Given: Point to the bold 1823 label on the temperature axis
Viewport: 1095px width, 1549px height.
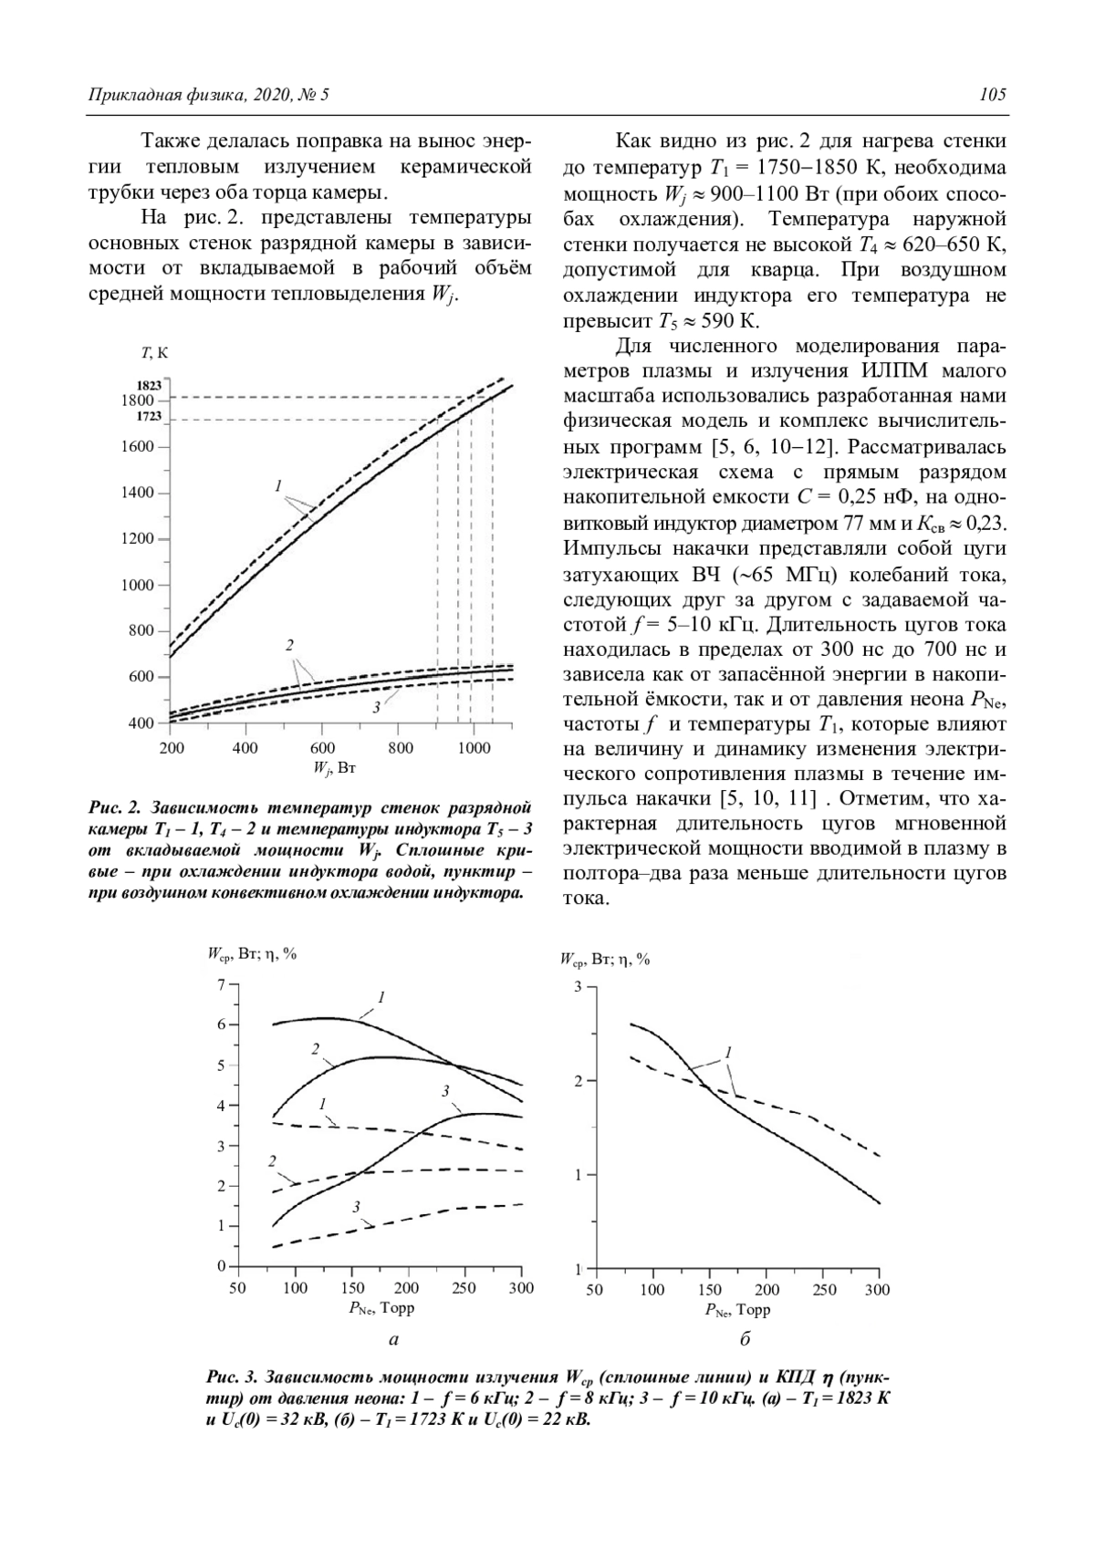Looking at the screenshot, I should (149, 386).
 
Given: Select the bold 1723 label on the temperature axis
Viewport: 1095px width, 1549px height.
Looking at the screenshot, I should (149, 416).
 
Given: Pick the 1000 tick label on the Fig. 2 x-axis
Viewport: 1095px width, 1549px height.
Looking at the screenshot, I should (472, 748).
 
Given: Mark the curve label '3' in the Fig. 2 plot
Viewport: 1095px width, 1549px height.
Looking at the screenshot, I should (375, 708).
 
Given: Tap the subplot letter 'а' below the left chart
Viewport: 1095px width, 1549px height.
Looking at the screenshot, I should (393, 1339).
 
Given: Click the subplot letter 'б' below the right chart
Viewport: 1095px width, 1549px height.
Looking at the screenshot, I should (745, 1339).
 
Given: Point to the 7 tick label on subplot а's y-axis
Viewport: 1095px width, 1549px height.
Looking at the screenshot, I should (220, 983).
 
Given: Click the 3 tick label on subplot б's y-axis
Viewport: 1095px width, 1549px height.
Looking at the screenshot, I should (578, 986).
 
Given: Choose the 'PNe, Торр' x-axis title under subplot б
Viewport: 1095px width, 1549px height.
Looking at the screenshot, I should (737, 1310).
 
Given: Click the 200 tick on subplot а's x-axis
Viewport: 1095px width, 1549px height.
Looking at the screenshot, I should (408, 1288).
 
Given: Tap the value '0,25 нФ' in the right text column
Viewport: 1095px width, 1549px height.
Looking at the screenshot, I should (861, 497).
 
